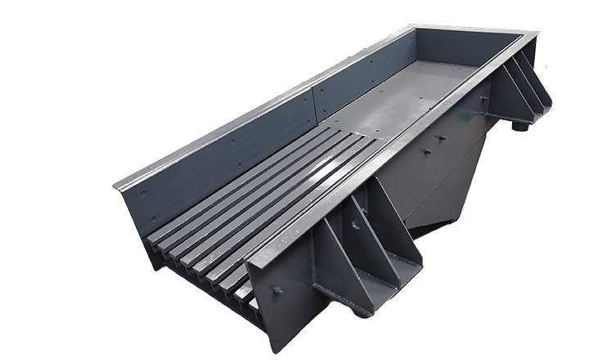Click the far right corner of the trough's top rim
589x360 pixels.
pyautogui.click(x=536, y=36)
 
